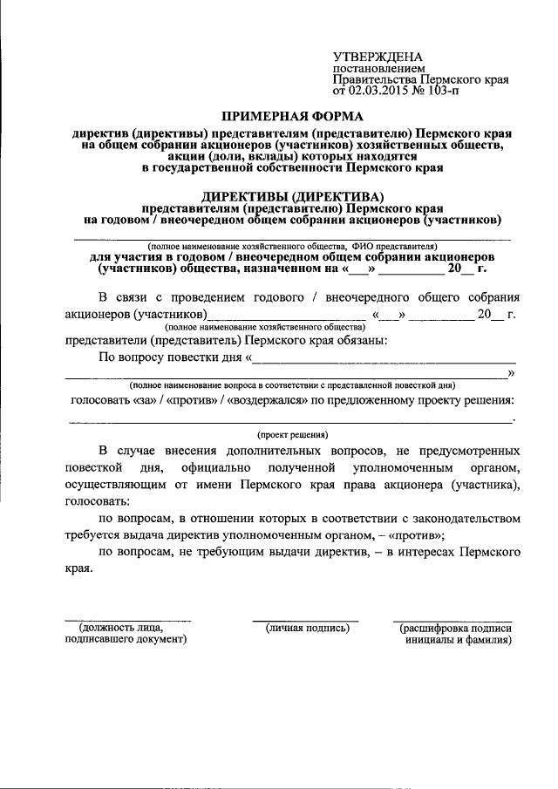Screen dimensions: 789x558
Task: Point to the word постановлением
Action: [x=378, y=68]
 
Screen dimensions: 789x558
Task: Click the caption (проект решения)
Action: [x=292, y=433]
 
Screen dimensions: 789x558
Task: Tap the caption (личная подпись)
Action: [x=307, y=627]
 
